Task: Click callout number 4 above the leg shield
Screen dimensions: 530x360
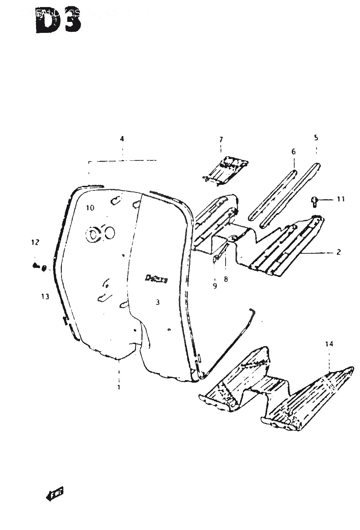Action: (x=122, y=139)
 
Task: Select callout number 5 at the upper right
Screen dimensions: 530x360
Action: (x=316, y=137)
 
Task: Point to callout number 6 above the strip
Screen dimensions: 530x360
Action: (x=294, y=152)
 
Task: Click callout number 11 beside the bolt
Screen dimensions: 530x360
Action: (x=341, y=200)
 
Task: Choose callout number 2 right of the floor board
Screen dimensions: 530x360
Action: (x=338, y=252)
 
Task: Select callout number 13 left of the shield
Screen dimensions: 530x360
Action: (x=45, y=296)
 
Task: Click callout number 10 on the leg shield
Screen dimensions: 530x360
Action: (x=90, y=208)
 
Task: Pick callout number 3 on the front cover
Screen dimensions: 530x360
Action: (x=158, y=302)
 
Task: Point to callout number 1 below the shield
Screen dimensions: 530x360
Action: (x=119, y=387)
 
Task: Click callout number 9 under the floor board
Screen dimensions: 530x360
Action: (x=215, y=287)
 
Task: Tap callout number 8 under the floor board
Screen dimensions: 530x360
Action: (x=226, y=279)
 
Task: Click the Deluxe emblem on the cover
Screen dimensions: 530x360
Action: (x=157, y=278)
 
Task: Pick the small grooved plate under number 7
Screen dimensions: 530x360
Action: (x=225, y=169)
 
